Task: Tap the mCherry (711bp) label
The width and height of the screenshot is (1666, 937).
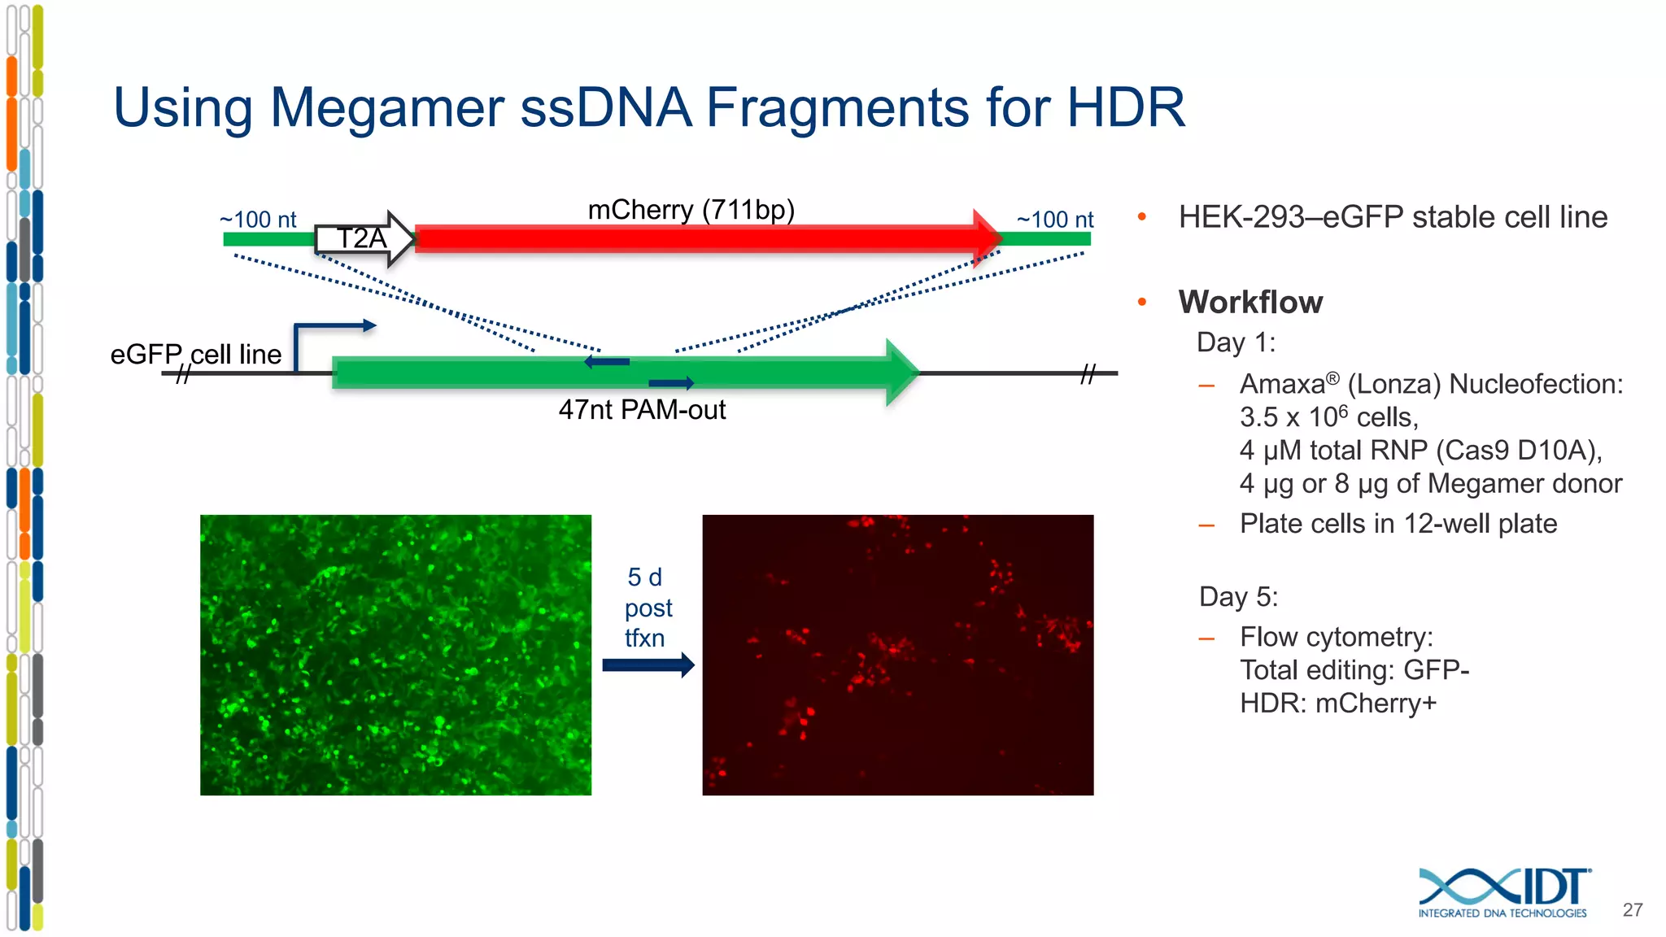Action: pyautogui.click(x=691, y=210)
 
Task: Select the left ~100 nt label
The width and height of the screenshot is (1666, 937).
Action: pyautogui.click(x=258, y=220)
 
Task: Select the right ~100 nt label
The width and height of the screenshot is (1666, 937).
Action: pyautogui.click(x=1055, y=220)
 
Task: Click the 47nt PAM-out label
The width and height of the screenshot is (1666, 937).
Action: pyautogui.click(x=642, y=410)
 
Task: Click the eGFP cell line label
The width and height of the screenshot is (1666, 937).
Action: pyautogui.click(x=196, y=355)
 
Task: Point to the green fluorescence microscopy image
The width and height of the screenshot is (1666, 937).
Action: pyautogui.click(x=395, y=655)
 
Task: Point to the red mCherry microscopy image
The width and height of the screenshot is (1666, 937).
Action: pyautogui.click(x=897, y=655)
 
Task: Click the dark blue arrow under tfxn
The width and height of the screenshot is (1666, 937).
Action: pyautogui.click(x=648, y=665)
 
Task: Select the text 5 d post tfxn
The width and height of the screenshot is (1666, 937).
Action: pyautogui.click(x=648, y=608)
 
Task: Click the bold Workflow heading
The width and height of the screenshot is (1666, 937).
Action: pyautogui.click(x=1250, y=302)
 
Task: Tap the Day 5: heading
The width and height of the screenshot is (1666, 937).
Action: pyautogui.click(x=1238, y=597)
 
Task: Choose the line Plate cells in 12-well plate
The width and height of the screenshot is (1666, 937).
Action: pyautogui.click(x=1398, y=524)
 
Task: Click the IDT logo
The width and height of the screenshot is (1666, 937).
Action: pyautogui.click(x=1504, y=892)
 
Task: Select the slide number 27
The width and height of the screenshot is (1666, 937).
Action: pyautogui.click(x=1632, y=910)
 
